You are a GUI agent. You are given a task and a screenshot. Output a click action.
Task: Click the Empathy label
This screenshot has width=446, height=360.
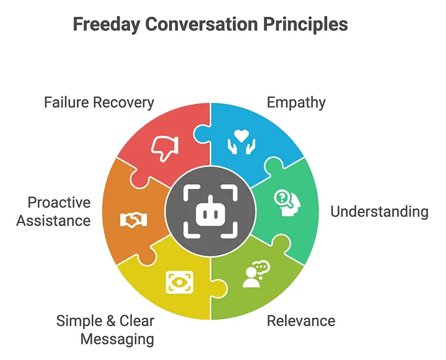(296, 102)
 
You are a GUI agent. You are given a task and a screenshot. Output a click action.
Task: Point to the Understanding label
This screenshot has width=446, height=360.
(379, 212)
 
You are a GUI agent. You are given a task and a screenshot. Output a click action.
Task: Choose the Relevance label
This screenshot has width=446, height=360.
(300, 320)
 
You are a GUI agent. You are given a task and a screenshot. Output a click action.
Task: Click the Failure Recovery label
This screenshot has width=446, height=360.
(99, 102)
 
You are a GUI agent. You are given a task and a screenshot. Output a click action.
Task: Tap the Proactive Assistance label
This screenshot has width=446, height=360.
(54, 211)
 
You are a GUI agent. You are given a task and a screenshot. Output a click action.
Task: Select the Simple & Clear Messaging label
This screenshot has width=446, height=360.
(105, 330)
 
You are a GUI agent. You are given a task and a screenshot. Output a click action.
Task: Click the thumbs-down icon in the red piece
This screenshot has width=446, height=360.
(165, 147)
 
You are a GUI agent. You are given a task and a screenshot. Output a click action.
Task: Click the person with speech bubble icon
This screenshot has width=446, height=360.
(255, 274)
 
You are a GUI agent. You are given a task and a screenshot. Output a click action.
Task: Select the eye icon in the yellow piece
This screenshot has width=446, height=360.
(179, 282)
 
